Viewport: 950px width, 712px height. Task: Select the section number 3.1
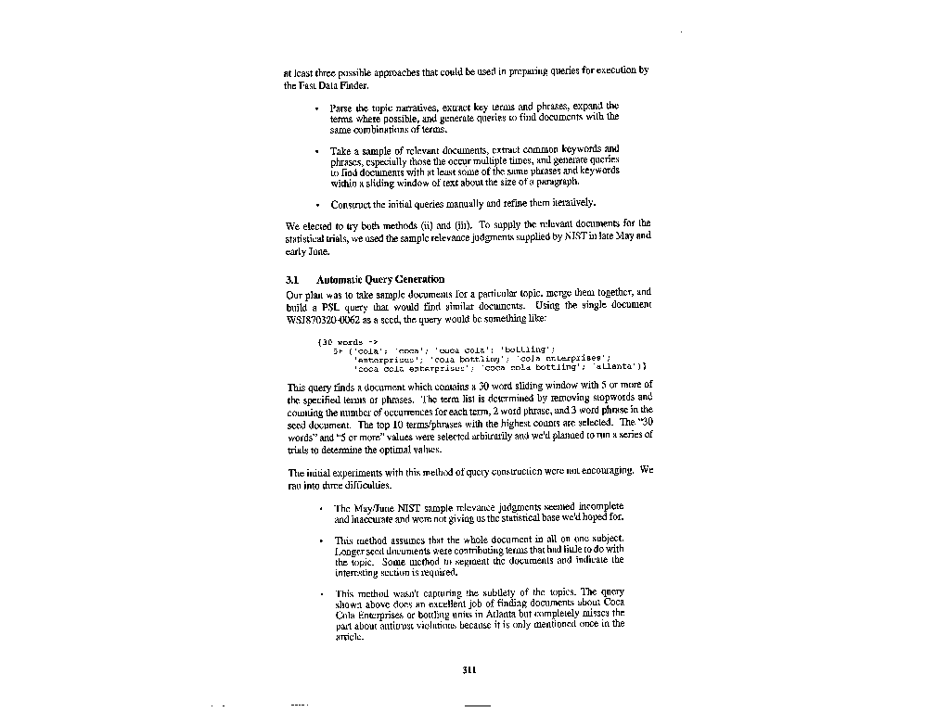(290, 279)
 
